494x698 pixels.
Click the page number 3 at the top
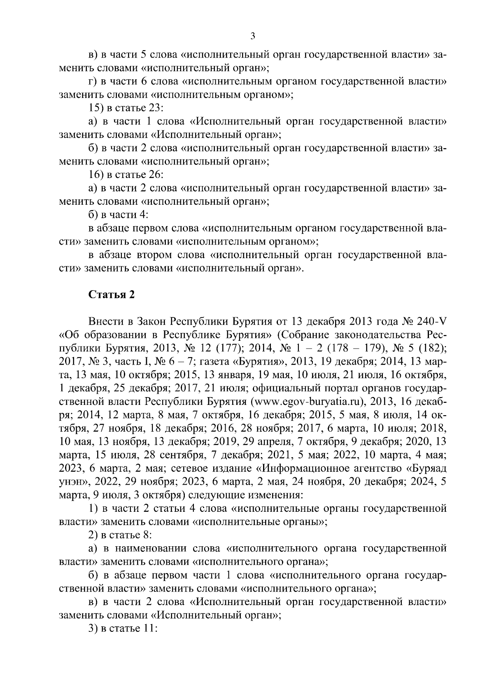(x=253, y=36)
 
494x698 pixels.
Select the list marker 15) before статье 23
(x=97, y=108)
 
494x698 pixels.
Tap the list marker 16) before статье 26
(x=97, y=175)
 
